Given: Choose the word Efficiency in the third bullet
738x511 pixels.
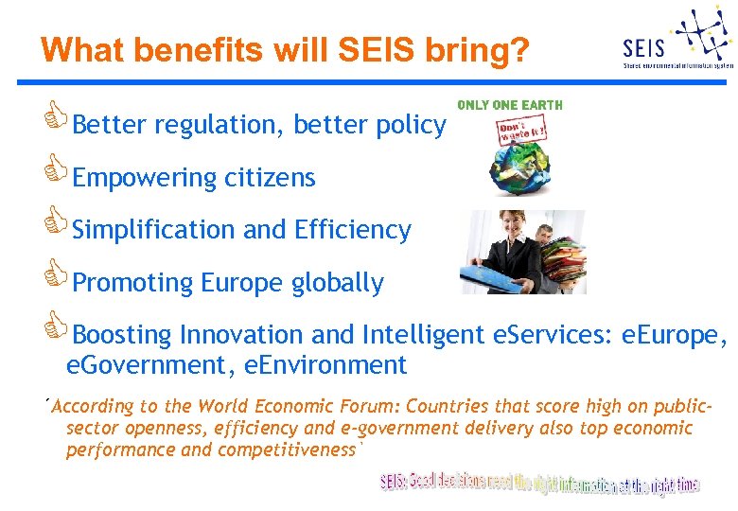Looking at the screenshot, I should [353, 230].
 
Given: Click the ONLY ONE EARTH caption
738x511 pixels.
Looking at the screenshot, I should [510, 105].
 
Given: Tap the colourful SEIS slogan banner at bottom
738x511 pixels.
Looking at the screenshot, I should [540, 484].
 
